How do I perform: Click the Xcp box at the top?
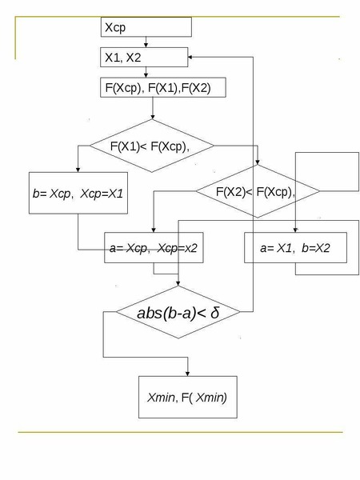146,27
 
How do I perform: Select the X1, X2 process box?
144,58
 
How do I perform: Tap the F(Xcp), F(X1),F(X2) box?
163,87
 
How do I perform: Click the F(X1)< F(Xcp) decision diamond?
152,146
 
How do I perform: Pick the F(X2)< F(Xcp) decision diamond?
258,191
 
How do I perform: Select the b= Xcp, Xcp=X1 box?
78,193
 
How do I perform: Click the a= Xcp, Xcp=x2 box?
154,248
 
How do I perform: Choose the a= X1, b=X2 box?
295,248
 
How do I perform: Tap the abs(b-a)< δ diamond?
178,312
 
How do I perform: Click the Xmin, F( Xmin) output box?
188,397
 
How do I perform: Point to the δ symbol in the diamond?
215,313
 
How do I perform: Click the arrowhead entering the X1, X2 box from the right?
190,57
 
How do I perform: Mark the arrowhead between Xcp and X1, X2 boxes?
146,46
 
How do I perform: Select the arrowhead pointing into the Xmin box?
188,374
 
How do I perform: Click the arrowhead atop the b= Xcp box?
78,170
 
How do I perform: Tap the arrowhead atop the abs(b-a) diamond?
178,284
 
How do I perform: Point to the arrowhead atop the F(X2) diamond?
258,162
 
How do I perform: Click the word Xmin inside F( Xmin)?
210,398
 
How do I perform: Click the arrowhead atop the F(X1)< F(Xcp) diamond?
153,117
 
